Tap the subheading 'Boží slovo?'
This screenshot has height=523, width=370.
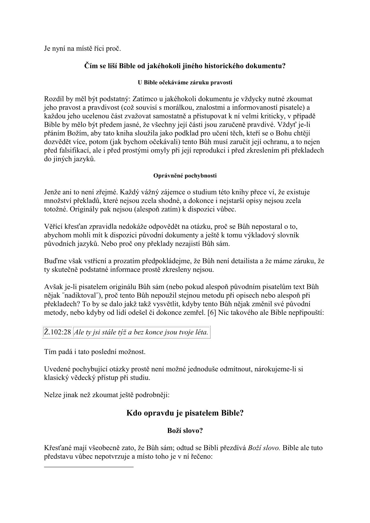pos(185,431)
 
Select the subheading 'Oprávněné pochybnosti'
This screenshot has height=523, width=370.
pos(185,176)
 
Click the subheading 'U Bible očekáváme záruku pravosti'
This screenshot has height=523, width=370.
pos(185,83)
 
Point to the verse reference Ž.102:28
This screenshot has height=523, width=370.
pos(58,332)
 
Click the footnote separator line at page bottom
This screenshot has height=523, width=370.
pos(89,467)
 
